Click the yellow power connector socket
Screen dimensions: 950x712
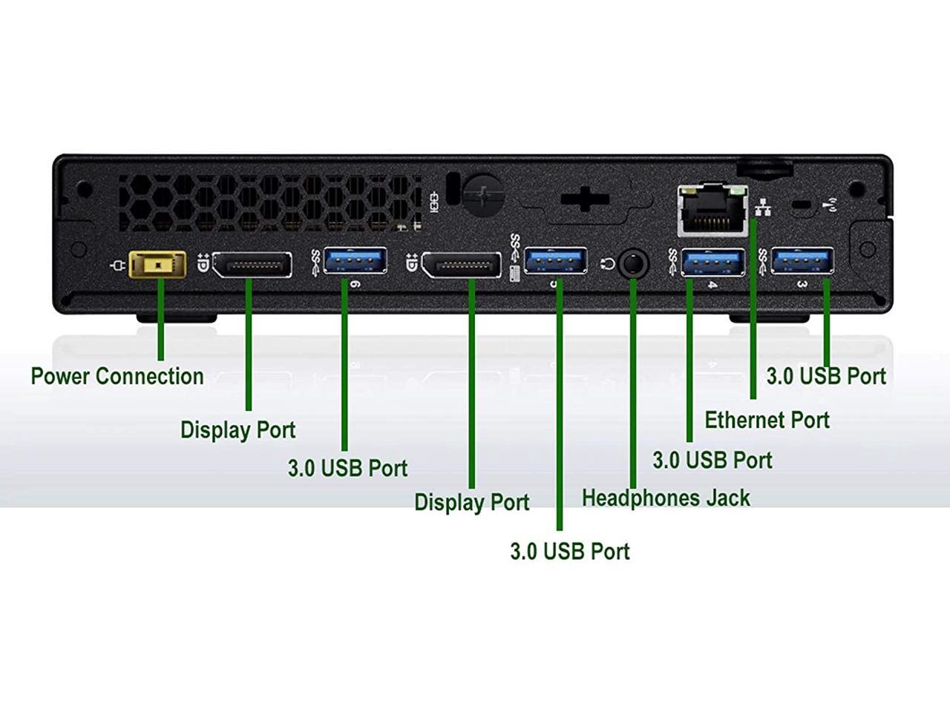(x=157, y=265)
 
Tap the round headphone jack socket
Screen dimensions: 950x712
(x=632, y=263)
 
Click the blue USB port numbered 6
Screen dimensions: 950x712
(x=355, y=261)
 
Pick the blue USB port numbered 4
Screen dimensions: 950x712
(x=712, y=263)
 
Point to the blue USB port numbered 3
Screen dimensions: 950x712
(x=802, y=262)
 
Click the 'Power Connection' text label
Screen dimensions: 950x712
(x=117, y=376)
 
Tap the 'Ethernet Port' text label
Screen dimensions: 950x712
(x=767, y=420)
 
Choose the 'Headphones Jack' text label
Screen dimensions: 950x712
(x=666, y=498)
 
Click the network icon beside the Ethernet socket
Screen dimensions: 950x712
(x=762, y=207)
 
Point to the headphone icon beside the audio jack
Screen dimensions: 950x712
(x=609, y=263)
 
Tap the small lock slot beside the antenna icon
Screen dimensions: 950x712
(x=800, y=205)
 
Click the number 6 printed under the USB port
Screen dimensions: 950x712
(x=355, y=284)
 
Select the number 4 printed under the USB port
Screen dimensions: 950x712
(x=712, y=285)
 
